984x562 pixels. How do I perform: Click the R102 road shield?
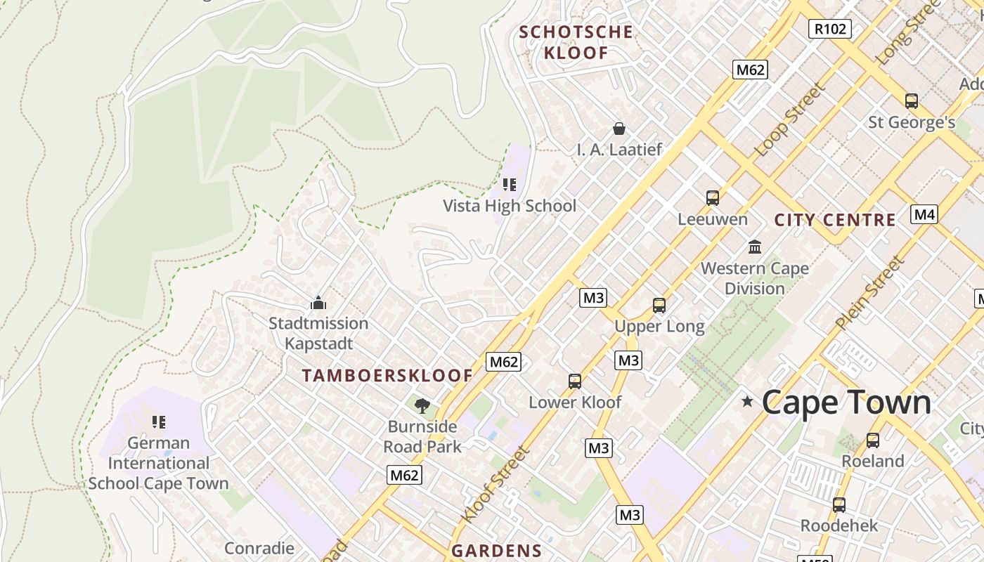pos(830,29)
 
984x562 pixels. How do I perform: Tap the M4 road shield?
pos(924,214)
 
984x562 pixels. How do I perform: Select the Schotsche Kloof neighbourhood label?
pos(576,42)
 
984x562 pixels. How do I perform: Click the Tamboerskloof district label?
pos(387,375)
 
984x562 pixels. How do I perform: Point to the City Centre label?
pos(835,220)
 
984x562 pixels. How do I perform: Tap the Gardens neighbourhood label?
pos(496,551)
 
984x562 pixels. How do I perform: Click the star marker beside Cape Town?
pos(747,402)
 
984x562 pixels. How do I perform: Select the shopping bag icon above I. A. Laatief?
pos(619,129)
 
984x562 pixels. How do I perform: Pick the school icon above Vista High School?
pos(510,185)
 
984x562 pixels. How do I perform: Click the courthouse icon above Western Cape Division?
pos(755,247)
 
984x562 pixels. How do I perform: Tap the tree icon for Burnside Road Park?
pos(422,405)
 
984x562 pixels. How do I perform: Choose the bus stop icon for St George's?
pos(912,101)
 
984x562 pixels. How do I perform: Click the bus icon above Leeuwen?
pos(713,198)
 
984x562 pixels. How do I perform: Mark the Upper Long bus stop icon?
pos(659,306)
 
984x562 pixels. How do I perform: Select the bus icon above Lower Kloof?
pos(575,381)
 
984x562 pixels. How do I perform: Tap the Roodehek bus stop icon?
pos(839,505)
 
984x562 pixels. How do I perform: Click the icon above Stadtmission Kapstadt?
pos(318,303)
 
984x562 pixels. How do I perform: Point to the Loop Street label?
pos(789,119)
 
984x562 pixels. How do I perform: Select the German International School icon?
pos(159,422)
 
